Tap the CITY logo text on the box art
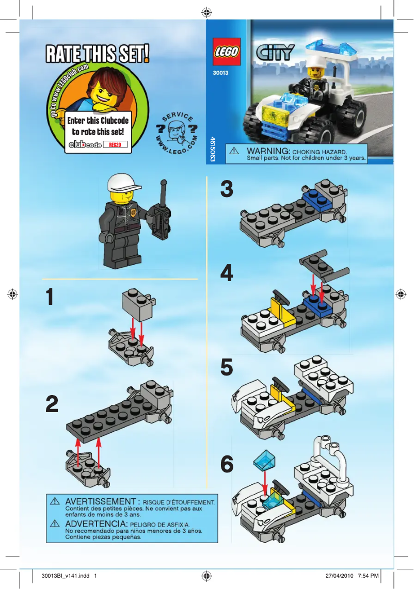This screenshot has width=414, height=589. (275, 52)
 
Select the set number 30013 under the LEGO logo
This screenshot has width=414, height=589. (220, 73)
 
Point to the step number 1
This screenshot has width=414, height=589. (50, 298)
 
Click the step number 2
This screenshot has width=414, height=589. (52, 405)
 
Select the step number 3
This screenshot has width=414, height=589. (227, 189)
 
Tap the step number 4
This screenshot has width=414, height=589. (227, 273)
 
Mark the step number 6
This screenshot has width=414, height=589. (227, 465)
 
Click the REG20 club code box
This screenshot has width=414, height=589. (114, 145)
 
